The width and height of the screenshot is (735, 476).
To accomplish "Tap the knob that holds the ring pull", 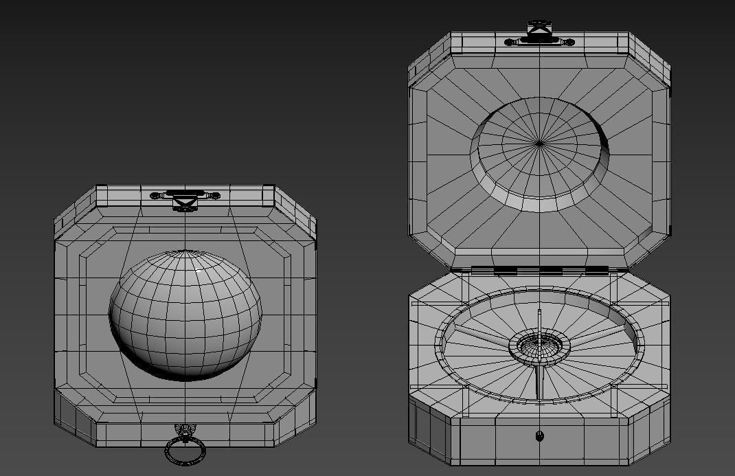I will click(x=185, y=432).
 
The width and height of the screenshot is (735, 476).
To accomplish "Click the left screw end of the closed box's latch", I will click(x=155, y=196).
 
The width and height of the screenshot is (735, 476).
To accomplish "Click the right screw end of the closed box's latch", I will click(x=214, y=196).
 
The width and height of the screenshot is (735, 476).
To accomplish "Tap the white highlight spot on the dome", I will click(x=200, y=273).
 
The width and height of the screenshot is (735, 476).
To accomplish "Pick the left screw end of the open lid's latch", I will click(x=511, y=43).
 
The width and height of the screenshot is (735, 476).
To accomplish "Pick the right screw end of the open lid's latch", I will click(x=569, y=43).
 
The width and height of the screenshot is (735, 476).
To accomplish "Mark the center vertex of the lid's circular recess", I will click(x=540, y=144).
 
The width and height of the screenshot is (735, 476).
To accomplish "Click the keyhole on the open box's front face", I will click(x=539, y=435).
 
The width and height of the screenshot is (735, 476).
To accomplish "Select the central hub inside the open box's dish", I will click(x=539, y=346).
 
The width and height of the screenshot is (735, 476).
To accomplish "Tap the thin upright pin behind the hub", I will click(x=540, y=321).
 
